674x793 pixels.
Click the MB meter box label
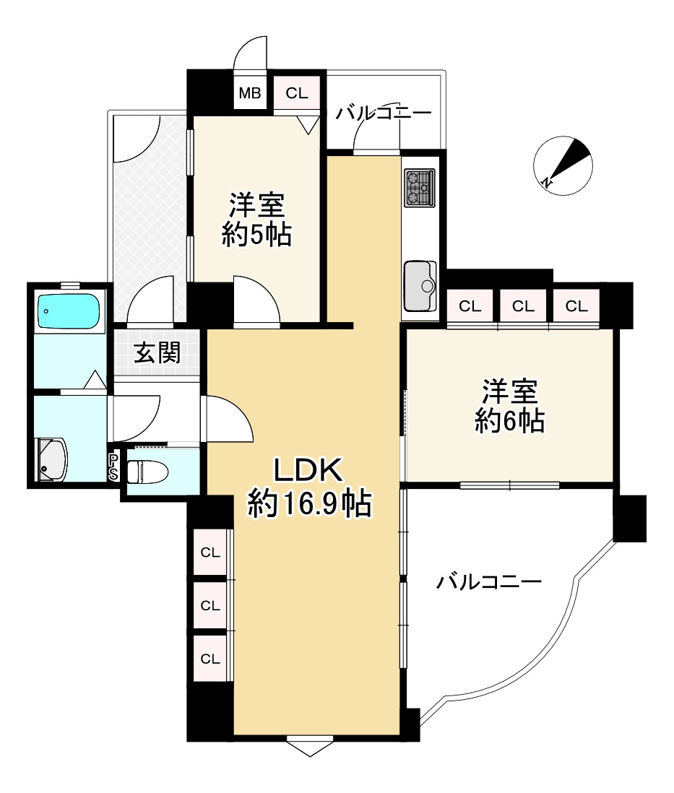tap(250, 93)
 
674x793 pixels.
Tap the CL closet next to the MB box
tap(297, 93)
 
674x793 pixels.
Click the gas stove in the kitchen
tap(420, 188)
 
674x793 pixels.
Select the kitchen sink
tap(420, 286)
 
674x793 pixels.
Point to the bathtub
tap(69, 311)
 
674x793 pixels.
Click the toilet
tap(147, 472)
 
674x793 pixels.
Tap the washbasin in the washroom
tap(51, 459)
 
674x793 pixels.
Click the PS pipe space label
tap(113, 467)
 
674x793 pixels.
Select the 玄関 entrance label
tap(157, 352)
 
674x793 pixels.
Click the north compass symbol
tap(563, 166)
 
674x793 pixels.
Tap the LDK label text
tap(308, 470)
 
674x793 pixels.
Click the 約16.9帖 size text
tap(309, 503)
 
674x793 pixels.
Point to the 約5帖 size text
tap(256, 234)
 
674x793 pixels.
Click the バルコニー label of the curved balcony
tap(489, 582)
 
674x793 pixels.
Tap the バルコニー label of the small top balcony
tap(384, 112)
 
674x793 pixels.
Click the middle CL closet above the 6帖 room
tap(523, 306)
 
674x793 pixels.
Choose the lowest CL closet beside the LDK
tap(210, 659)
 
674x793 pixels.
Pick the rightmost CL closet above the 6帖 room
tap(576, 306)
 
